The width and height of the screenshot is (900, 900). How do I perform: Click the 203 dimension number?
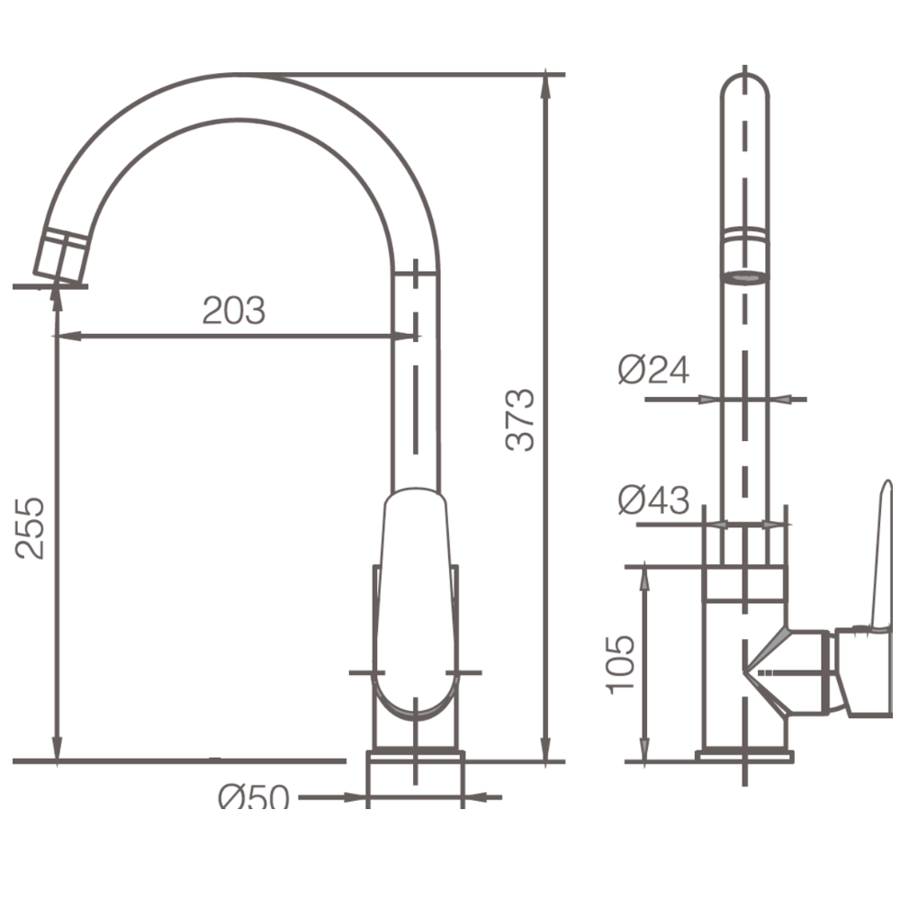click(234, 310)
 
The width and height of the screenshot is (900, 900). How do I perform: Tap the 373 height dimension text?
click(520, 419)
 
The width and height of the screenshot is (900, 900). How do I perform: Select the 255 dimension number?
click(30, 528)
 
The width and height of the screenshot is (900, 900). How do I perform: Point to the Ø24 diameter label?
click(653, 370)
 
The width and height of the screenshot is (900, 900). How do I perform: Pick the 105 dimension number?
click(621, 665)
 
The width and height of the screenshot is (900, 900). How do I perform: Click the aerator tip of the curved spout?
click(60, 257)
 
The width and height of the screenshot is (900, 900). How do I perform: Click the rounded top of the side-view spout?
click(744, 86)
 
